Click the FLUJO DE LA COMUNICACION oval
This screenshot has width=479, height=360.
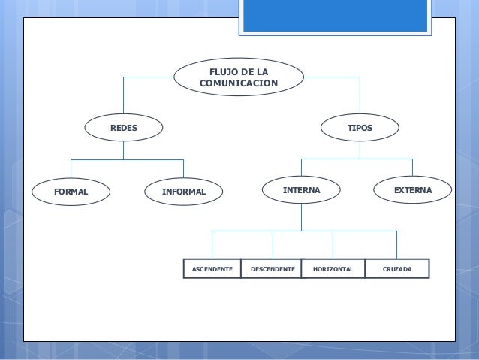pos(239,77)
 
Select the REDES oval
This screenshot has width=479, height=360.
pos(124,129)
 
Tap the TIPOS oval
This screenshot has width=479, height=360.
pos(359,129)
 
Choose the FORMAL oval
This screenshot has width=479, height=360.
pos(71,192)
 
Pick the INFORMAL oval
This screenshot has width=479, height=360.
pos(183,192)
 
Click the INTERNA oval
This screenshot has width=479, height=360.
pos(301,191)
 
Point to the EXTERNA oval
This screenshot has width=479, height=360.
pos(412,191)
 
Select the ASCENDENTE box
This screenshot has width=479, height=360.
pos(212,268)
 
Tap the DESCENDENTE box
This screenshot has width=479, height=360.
pos(272,268)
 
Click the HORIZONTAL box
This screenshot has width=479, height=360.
pos(333,268)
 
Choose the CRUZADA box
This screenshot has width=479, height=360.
pos(397,268)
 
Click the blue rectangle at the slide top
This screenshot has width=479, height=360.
pos(335,16)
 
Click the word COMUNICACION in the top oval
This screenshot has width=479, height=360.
pos(239,83)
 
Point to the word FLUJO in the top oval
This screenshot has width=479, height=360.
pos(222,71)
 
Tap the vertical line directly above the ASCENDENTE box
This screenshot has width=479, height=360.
pos(212,244)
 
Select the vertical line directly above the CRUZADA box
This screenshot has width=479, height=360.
pos(396,244)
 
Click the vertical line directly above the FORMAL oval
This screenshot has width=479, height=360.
pos(71,168)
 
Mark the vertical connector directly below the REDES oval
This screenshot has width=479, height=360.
pos(124,150)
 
